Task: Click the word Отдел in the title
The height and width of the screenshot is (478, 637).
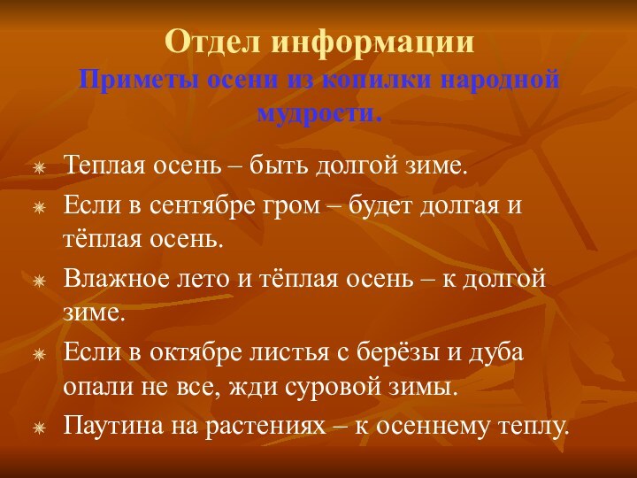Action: click(x=213, y=42)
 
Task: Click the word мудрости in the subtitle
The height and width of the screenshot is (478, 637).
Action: click(x=318, y=114)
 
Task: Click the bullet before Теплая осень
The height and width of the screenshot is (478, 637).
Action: click(x=39, y=166)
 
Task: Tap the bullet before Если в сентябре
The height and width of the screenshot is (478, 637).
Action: click(x=39, y=207)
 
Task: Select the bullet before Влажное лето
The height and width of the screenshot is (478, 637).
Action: click(x=39, y=281)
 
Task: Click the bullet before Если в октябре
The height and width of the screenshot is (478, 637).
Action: click(x=39, y=354)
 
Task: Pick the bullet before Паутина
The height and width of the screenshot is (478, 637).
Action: click(x=39, y=428)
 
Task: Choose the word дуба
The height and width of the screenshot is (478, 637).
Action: click(x=496, y=353)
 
